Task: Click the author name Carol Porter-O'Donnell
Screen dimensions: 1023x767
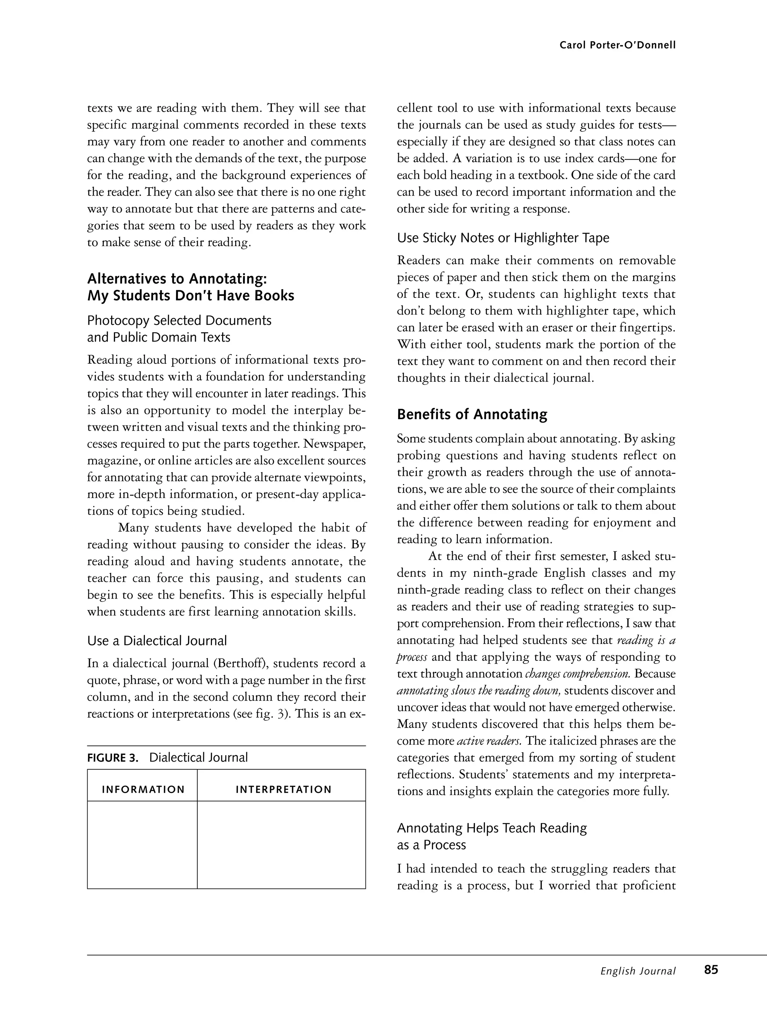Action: click(617, 45)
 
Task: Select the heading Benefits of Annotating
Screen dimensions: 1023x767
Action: click(472, 414)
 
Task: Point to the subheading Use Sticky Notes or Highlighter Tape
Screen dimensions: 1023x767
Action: click(503, 238)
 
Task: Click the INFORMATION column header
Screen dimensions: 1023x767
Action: click(143, 790)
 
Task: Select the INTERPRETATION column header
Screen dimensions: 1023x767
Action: click(284, 790)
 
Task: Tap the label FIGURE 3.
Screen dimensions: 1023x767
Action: click(113, 757)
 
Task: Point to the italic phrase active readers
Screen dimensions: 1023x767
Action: click(489, 741)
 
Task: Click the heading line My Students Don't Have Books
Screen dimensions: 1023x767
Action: click(191, 296)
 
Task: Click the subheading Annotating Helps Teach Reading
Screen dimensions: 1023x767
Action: click(491, 828)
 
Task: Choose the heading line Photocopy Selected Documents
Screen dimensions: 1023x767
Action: click(179, 321)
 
